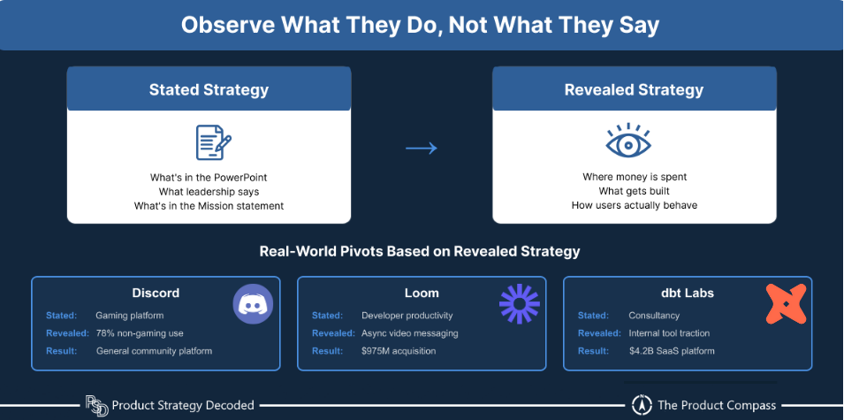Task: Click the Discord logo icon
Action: [x=254, y=303]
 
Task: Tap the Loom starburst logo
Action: [x=519, y=303]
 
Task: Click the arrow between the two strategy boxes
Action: [x=422, y=148]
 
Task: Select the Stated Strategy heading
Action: [x=209, y=89]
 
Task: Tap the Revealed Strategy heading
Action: [x=634, y=89]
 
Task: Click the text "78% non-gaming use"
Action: [x=140, y=333]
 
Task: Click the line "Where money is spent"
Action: [x=635, y=177]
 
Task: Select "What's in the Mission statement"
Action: [x=209, y=206]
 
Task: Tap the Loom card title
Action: [x=421, y=293]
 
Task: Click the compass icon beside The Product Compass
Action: [x=642, y=405]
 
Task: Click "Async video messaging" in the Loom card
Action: [x=409, y=333]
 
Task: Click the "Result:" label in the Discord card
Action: [x=62, y=351]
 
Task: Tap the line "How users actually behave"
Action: [x=635, y=206]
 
